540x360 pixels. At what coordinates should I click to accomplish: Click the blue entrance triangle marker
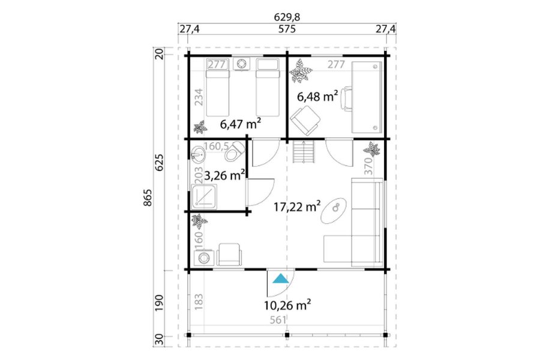281,278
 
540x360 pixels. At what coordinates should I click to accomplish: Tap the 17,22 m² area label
297,206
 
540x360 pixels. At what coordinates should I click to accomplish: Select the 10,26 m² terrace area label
287,305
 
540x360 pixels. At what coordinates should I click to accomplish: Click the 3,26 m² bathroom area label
224,175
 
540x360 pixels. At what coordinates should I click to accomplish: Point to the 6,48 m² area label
317,97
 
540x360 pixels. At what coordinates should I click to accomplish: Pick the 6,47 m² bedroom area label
240,124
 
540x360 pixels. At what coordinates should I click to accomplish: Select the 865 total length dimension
148,197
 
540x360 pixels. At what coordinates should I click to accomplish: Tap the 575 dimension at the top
287,29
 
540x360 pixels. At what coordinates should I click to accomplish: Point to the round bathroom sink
198,154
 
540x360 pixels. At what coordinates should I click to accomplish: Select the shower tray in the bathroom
203,197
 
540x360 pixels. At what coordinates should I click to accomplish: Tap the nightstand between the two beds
242,64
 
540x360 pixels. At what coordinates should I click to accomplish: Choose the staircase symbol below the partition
304,152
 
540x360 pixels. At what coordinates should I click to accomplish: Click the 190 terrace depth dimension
159,303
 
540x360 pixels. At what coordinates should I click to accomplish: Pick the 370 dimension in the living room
368,166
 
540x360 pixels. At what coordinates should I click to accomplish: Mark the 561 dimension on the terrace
278,320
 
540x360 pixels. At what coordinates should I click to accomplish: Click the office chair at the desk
346,99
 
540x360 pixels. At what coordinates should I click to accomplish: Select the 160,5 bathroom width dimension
217,146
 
